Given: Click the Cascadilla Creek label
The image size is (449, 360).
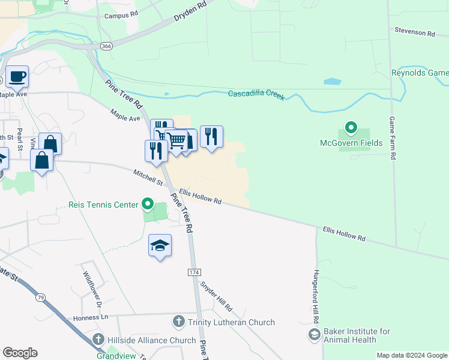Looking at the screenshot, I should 256,94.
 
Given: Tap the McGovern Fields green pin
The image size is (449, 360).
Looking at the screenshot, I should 351,128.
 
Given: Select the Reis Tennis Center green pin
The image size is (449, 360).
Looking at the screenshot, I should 148,205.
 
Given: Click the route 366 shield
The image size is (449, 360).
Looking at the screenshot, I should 106,46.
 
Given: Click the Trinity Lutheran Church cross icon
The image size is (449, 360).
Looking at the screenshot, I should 178,322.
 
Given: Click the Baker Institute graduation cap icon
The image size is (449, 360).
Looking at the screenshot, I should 313,335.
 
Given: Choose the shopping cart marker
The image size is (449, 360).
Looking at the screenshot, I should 176,141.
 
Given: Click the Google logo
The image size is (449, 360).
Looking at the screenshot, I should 20,353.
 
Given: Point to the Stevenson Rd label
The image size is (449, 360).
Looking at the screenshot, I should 414,32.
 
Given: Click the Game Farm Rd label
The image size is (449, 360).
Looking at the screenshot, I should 393,138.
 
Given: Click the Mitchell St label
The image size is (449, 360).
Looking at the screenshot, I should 148,177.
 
